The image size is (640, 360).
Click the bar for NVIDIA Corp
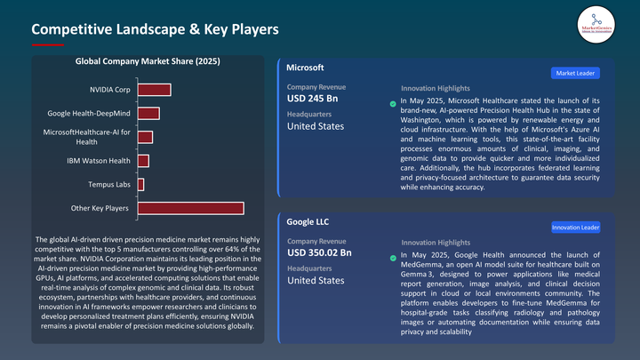coord(154,89)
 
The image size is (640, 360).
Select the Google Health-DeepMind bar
coord(148,113)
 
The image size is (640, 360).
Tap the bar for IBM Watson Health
coord(143,160)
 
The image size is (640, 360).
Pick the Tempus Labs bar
coord(140,184)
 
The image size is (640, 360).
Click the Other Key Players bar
coord(190,208)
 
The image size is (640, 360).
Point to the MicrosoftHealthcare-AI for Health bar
coord(145,137)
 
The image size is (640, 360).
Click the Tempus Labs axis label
coord(109,185)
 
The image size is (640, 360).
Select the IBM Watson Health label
coord(99,161)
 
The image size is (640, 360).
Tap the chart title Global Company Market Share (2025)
coord(148,61)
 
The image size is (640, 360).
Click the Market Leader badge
coord(575,73)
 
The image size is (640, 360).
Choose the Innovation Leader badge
coord(574,228)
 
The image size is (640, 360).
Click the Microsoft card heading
coord(305,68)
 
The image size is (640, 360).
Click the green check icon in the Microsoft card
coord(393,104)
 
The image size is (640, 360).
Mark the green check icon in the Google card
coord(393,259)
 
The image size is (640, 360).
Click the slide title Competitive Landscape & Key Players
coord(156,29)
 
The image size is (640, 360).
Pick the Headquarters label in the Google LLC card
coord(310,268)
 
